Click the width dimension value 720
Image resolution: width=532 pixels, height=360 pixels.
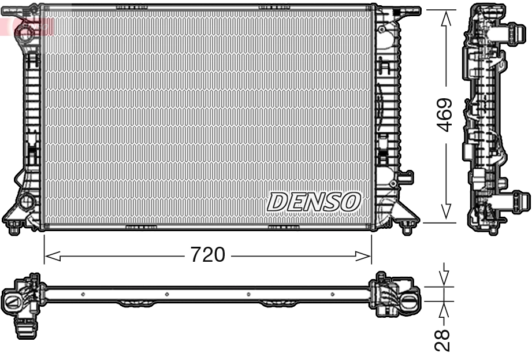[x=207, y=255]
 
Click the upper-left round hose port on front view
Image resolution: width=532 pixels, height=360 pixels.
[x=25, y=31]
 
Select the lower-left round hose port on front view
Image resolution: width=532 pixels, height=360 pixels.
[x=25, y=202]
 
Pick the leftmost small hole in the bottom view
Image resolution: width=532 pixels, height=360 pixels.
[x=83, y=294]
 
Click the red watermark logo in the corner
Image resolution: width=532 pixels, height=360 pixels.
[x=26, y=25]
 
